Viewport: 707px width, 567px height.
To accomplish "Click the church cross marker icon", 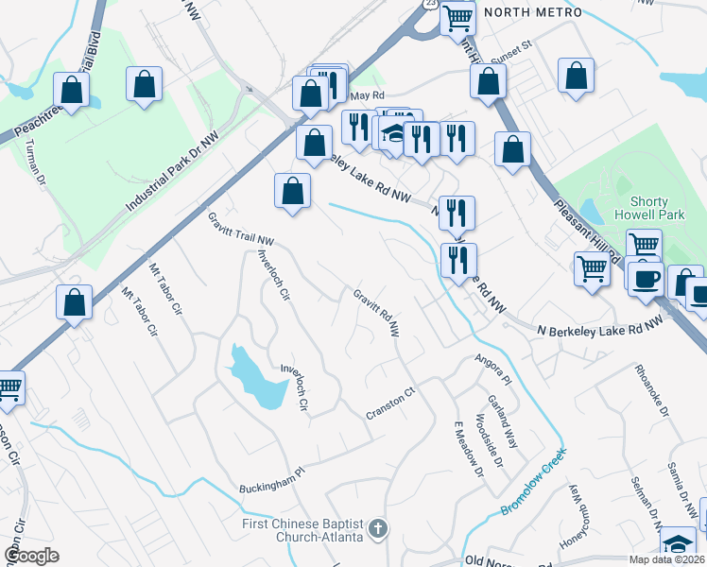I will pyautogui.click(x=378, y=528).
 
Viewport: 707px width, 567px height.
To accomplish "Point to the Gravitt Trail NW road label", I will pyautogui.click(x=240, y=228).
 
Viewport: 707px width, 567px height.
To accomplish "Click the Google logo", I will pyautogui.click(x=31, y=555).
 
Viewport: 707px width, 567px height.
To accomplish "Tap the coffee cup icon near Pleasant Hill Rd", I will pyautogui.click(x=647, y=279).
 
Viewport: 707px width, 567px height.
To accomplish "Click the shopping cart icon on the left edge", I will pyautogui.click(x=9, y=387).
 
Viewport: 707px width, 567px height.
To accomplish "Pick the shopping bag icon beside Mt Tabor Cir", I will pyautogui.click(x=74, y=302).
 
